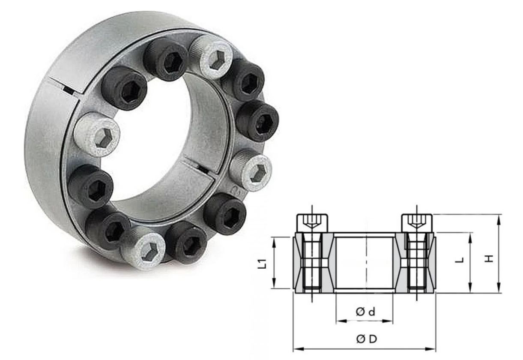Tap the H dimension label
coord(489,258)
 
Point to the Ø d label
coord(365,312)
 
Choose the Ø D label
coord(367,339)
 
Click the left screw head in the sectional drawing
coord(312,223)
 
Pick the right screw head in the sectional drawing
coord(417,223)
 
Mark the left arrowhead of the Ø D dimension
coord(298,349)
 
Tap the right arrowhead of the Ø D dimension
coord(431,349)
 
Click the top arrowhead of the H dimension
coord(499,219)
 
